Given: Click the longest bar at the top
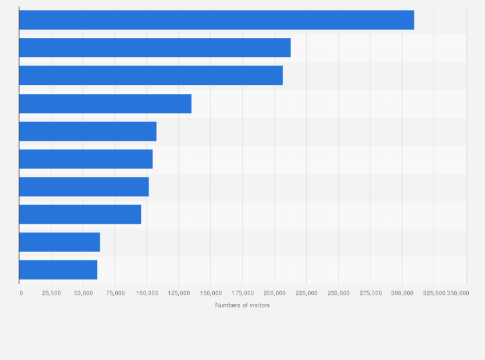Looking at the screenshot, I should [216, 20].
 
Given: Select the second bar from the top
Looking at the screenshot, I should [154, 48].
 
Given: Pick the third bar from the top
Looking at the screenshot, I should [151, 75].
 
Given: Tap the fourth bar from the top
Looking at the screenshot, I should [105, 104].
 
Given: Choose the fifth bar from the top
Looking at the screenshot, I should [87, 131].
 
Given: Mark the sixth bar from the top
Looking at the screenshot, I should [86, 159].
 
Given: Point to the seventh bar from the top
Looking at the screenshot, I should [84, 186].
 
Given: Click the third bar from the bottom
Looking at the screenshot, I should [80, 214].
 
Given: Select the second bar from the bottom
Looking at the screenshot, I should [59, 242].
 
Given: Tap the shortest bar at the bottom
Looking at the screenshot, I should [58, 269].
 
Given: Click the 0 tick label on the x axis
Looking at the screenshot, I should [21, 292].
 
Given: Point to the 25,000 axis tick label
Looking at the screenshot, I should [51, 292].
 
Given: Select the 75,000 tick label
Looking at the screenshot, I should [115, 292].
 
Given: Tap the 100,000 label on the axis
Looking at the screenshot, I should [147, 292].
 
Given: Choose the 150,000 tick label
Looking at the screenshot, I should [211, 292].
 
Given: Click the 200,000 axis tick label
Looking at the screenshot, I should [275, 292].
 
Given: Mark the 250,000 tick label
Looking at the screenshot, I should [338, 292].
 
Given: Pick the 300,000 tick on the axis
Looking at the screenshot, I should [402, 292].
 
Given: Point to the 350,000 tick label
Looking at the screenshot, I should [459, 292].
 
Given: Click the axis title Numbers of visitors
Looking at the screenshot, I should [243, 305].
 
